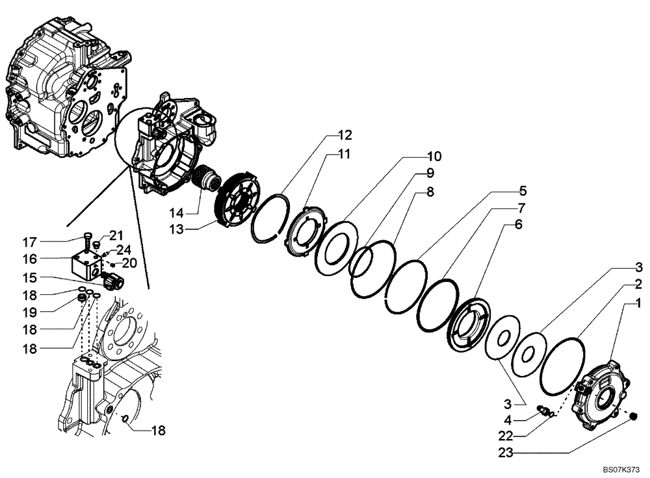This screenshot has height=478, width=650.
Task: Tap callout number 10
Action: tap(434, 157)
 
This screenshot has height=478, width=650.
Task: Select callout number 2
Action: tap(639, 284)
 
